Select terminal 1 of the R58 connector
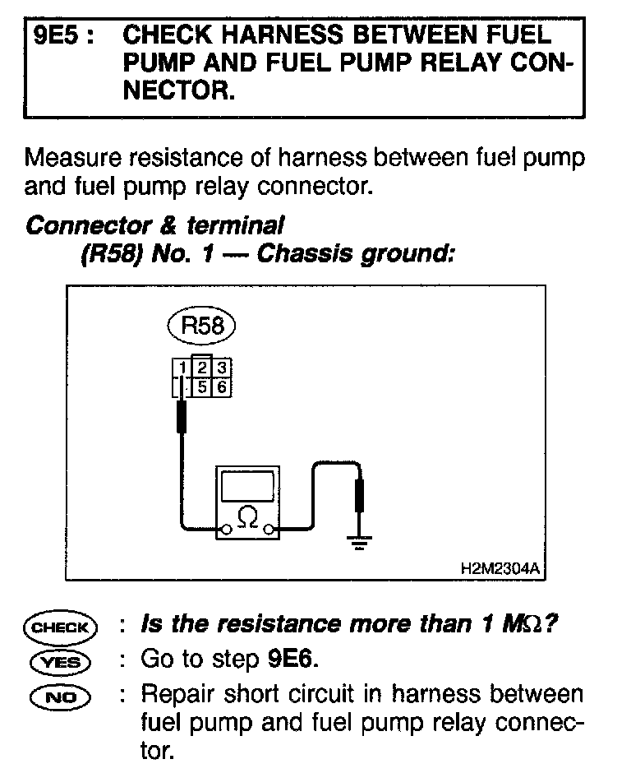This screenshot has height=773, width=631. pyautogui.click(x=182, y=367)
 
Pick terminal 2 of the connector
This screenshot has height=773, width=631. pyautogui.click(x=202, y=366)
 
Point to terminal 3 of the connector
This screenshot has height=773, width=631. pyautogui.click(x=221, y=367)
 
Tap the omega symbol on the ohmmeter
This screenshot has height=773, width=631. pyautogui.click(x=246, y=517)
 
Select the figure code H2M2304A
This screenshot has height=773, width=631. pyautogui.click(x=503, y=568)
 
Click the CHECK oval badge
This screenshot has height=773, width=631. pyautogui.click(x=62, y=627)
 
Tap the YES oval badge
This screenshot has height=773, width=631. pyautogui.click(x=62, y=660)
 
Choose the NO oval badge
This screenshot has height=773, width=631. pyautogui.click(x=62, y=697)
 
